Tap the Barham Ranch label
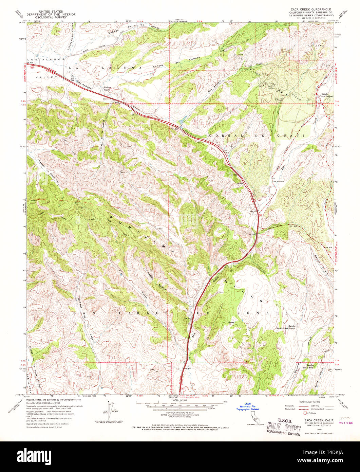108,88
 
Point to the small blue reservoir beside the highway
182,120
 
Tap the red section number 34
316,82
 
